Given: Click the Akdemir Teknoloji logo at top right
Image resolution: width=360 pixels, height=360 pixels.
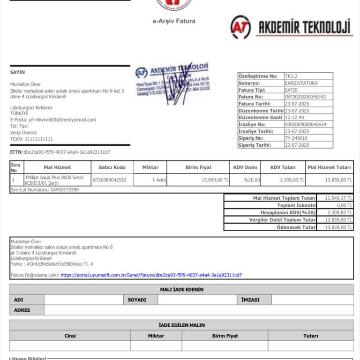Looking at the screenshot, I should coord(291,27).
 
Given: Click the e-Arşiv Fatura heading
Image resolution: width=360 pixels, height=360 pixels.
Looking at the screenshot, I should coord(174,21).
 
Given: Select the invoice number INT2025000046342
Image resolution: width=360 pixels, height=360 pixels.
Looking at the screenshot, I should coord(305,97).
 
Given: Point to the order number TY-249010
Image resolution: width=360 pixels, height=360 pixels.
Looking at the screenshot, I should coord(296,138).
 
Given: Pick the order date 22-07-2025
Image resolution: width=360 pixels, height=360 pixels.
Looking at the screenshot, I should coord(297,145).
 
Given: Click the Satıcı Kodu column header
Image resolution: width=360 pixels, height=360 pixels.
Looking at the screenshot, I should coord(112,167).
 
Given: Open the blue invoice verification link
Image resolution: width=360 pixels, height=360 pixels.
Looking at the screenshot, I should coord(151,275).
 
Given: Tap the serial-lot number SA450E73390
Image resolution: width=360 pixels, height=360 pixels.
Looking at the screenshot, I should coord(64,190).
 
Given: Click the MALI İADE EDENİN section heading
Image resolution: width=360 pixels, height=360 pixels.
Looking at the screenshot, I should coord(181,289).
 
